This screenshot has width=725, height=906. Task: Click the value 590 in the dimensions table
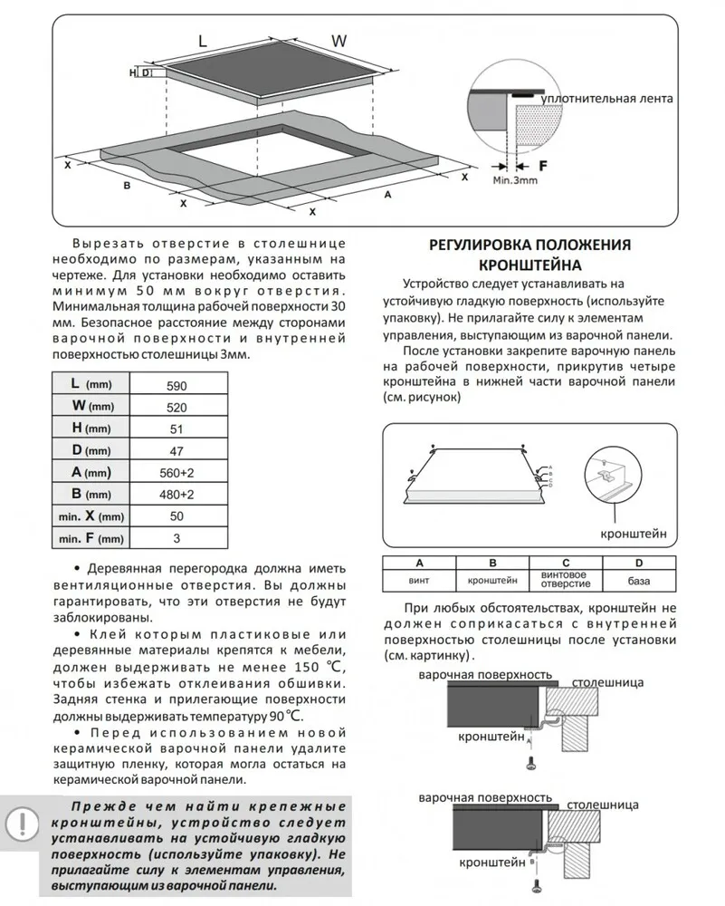(176, 385)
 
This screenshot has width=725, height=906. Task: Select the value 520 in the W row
(176, 407)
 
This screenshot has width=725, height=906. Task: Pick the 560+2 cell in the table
(176, 472)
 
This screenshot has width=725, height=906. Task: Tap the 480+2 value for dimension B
(176, 495)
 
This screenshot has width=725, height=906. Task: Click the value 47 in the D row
(176, 450)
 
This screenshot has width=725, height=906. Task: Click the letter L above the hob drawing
(203, 40)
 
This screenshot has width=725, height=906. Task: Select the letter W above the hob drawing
(339, 40)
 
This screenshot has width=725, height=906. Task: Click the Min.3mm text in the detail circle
(515, 181)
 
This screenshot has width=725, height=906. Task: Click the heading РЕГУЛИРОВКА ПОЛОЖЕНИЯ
(529, 246)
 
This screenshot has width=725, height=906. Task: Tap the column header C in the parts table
(566, 562)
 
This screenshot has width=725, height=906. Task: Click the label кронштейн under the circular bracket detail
(633, 534)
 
